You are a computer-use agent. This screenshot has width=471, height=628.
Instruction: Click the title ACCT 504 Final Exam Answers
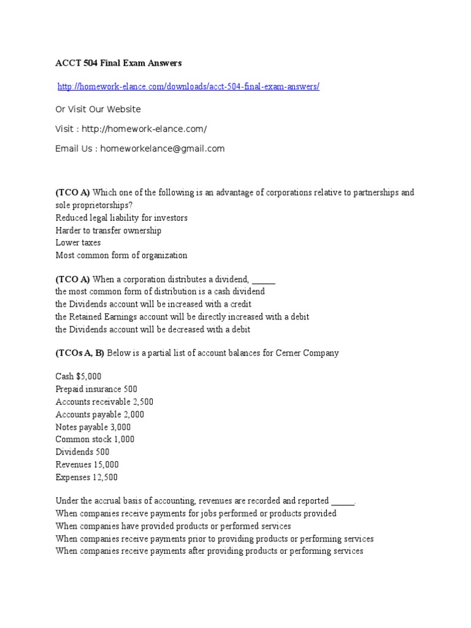tap(119, 63)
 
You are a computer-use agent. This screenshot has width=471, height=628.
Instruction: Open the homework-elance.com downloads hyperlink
tap(188, 87)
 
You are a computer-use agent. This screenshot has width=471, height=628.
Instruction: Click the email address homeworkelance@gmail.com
tap(163, 148)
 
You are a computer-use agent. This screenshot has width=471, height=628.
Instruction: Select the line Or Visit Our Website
tap(98, 109)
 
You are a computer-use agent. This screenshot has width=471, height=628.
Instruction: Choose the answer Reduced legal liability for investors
tap(121, 218)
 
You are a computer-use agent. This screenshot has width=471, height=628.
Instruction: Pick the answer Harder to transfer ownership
tap(109, 231)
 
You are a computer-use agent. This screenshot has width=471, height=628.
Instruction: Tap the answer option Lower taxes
tap(78, 243)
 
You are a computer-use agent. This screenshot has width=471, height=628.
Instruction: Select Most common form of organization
tap(121, 255)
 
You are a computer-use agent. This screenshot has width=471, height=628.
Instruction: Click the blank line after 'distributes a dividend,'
tap(264, 280)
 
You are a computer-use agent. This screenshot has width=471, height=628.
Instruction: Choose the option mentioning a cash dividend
tap(160, 292)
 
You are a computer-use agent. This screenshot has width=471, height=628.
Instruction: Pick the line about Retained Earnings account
tap(182, 316)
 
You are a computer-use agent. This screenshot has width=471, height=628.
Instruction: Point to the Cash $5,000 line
tap(78, 377)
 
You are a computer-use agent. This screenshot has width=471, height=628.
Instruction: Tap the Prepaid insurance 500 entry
tap(96, 389)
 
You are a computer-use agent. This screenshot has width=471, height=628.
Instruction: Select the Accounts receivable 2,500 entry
tap(104, 402)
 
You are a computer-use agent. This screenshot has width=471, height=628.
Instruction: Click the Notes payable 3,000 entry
tap(93, 427)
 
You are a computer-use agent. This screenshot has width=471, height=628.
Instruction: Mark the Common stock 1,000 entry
tap(95, 439)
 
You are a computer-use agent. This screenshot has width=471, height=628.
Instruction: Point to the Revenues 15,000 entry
tap(87, 464)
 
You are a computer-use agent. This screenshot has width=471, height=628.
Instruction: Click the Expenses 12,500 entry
tap(86, 477)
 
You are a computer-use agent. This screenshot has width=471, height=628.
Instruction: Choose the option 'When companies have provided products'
tap(173, 526)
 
